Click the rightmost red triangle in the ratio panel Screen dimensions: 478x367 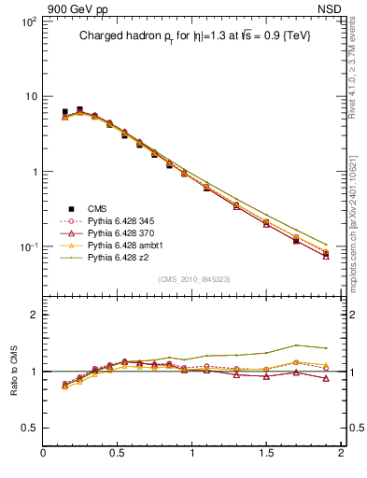[x=326, y=378]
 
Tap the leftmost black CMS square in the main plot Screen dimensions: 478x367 [x=64, y=112]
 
